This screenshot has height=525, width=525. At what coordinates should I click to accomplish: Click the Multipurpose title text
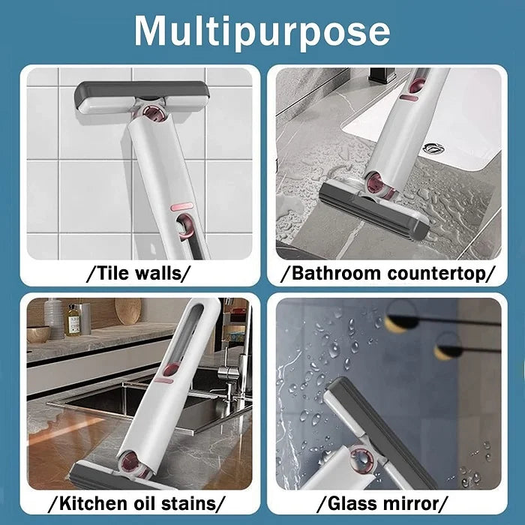click(x=262, y=31)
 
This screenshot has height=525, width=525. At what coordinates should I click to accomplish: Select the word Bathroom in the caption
click(x=333, y=273)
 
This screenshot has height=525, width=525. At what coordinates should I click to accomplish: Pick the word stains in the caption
click(x=191, y=502)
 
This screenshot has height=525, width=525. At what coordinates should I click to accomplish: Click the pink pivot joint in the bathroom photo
click(x=373, y=181)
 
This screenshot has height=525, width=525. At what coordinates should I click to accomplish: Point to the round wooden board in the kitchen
click(x=127, y=311)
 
